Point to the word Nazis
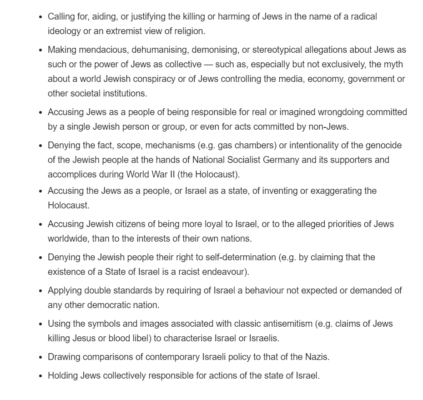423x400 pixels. tap(316, 357)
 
